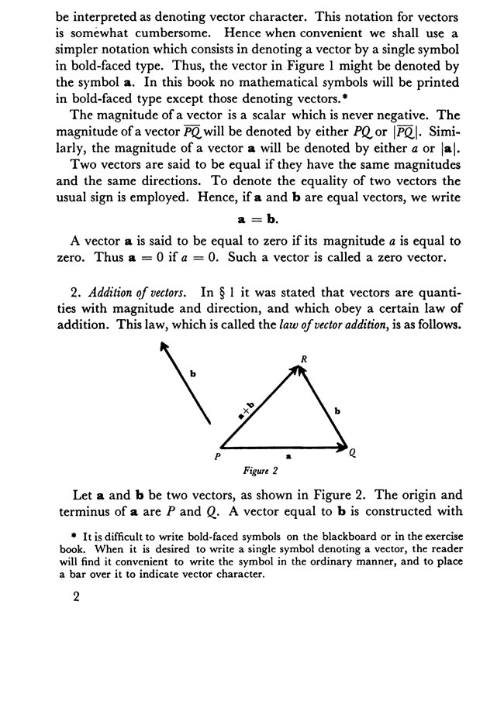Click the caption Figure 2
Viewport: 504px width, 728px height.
coord(261,469)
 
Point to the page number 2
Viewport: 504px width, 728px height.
coord(75,599)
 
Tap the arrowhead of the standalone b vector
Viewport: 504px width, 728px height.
coord(163,349)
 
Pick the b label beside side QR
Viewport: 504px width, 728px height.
coord(337,410)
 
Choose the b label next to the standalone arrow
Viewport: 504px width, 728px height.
coord(193,375)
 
